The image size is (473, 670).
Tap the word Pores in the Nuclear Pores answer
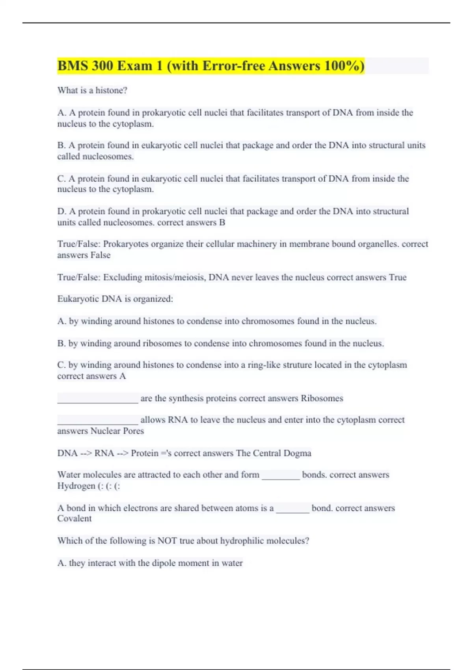(133, 431)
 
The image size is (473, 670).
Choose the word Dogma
(298, 453)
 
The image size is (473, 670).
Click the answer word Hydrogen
(76, 486)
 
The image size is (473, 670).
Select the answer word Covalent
(74, 519)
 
